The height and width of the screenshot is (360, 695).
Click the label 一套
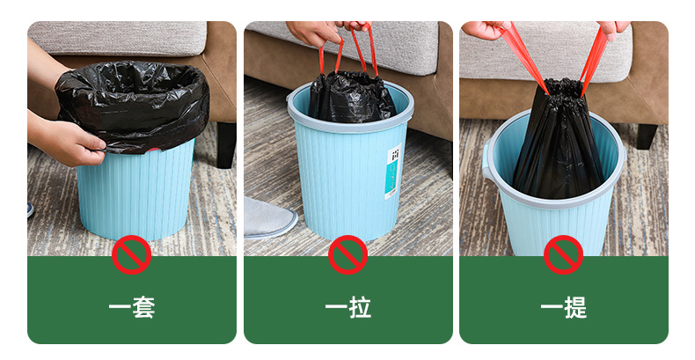(132, 308)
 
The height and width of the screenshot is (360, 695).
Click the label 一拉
(348, 308)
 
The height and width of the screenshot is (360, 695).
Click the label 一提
(564, 308)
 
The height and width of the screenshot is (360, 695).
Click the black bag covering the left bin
(132, 101)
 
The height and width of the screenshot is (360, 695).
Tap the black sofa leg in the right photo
(647, 135)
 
